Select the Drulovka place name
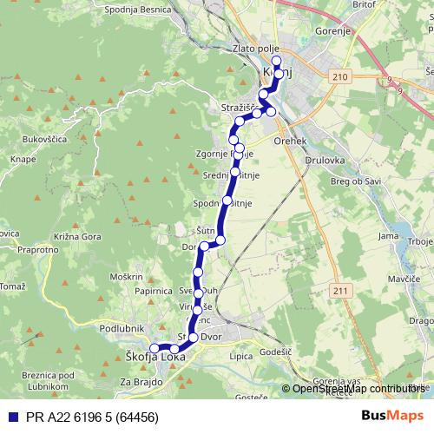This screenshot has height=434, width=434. [x=326, y=161]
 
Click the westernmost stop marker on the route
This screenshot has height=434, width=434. [x=154, y=348]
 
